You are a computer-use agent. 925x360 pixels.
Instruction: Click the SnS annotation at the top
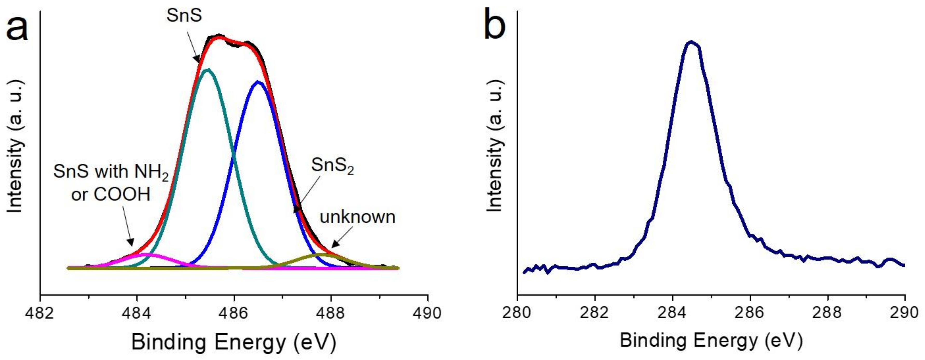pos(184,16)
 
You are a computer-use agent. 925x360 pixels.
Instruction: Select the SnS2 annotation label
pos(332,166)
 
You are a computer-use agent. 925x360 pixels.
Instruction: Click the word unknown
pos(357,217)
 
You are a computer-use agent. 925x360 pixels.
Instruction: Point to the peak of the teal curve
pos(207,69)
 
